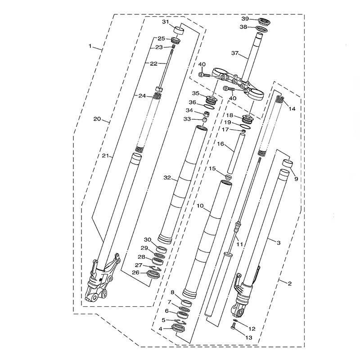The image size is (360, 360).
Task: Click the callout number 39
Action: (x=245, y=19)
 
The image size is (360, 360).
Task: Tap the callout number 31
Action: (x=166, y=22)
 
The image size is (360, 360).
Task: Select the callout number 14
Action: (x=292, y=109)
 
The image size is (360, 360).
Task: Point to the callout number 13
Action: (x=249, y=337)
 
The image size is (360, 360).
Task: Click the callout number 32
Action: (x=167, y=177)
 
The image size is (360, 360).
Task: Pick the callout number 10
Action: (x=200, y=206)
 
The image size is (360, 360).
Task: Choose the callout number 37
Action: (x=235, y=53)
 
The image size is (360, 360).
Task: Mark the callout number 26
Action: (x=136, y=273)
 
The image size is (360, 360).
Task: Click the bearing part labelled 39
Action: (x=264, y=22)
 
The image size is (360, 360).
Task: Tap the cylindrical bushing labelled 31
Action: (x=179, y=31)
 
